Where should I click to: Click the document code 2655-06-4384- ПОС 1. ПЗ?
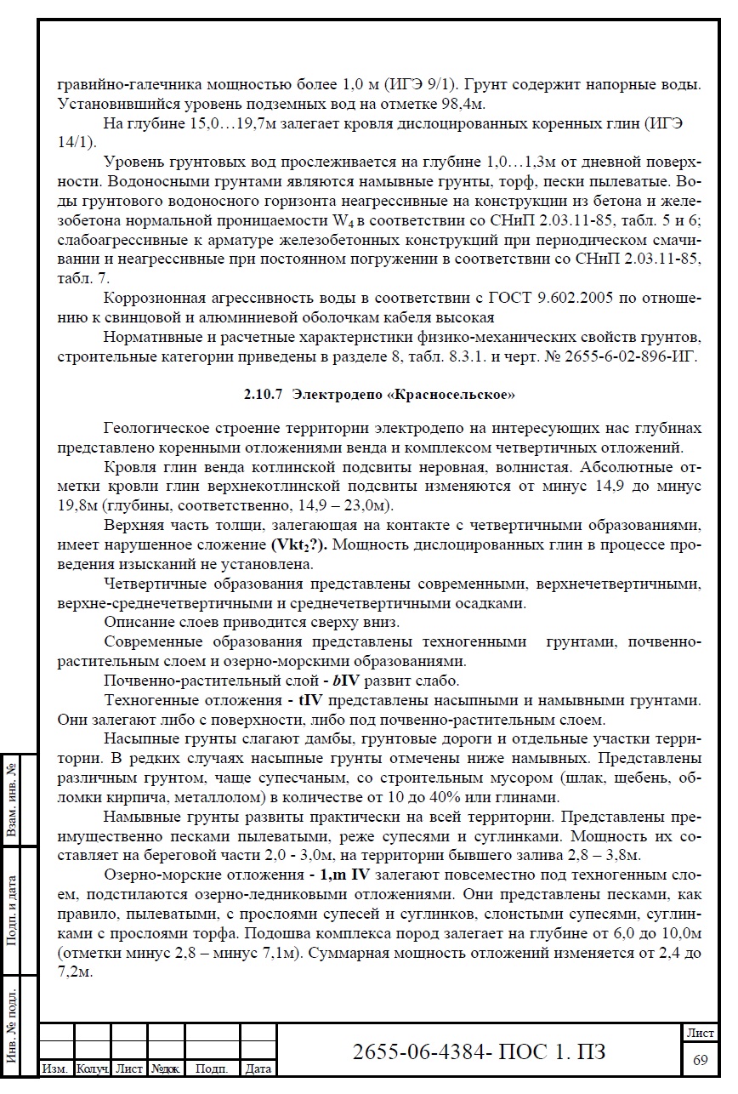pos(479,1051)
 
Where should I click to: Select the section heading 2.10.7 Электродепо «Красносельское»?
pos(379,395)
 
